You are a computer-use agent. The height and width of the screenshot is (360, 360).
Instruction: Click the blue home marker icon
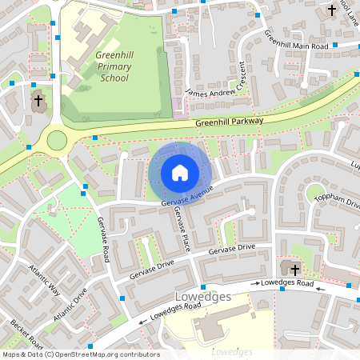tap(179, 173)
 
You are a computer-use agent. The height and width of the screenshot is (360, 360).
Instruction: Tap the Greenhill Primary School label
tap(112, 67)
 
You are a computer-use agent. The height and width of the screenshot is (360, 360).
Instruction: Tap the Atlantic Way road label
tap(44, 279)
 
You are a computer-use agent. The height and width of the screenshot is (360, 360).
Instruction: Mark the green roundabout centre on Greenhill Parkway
tap(57, 141)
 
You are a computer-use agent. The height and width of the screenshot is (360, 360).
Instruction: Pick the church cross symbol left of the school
tap(38, 101)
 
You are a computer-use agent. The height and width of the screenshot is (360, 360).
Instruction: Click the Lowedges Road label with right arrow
tap(285, 283)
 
